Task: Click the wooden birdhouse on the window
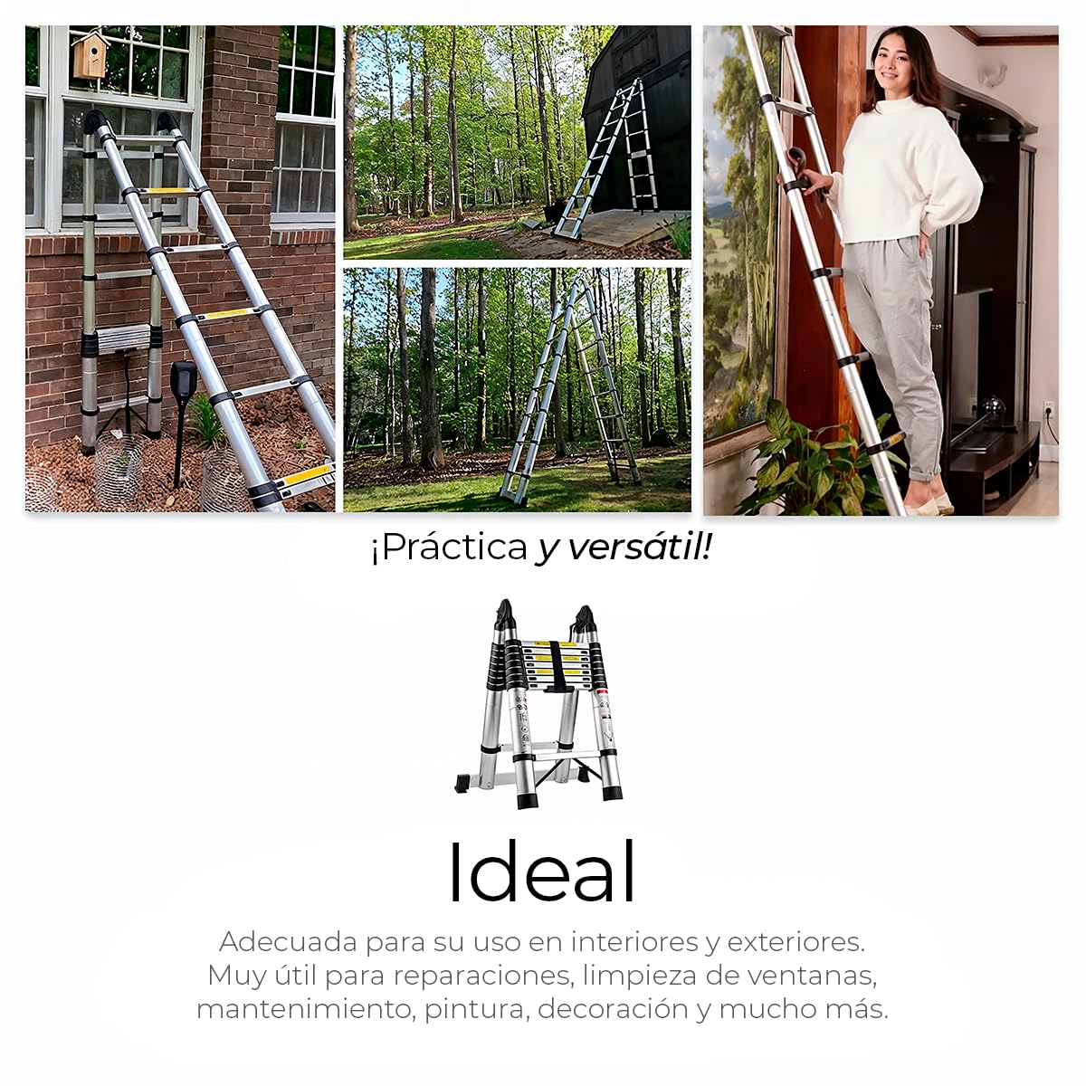(90, 54)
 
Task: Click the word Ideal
(542, 873)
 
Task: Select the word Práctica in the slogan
(449, 548)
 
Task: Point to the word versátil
(639, 548)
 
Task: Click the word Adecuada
(288, 942)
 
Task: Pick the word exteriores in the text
(795, 942)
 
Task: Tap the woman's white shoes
(930, 503)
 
